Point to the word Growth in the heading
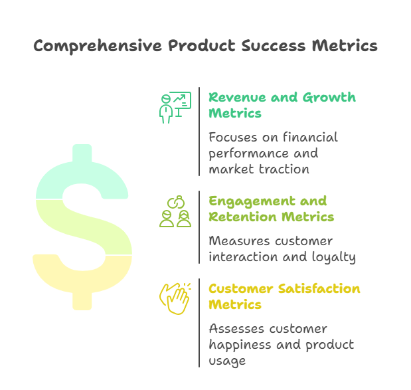(329, 98)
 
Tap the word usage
(227, 361)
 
